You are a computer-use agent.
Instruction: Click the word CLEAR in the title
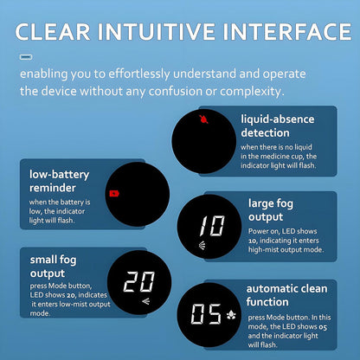pyautogui.click(x=53, y=31)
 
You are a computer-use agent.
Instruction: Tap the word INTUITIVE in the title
pyautogui.click(x=157, y=31)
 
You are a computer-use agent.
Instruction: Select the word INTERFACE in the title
pyautogui.click(x=287, y=31)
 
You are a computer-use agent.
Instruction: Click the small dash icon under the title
pyautogui.click(x=26, y=57)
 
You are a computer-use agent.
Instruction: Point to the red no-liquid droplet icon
pyautogui.click(x=203, y=119)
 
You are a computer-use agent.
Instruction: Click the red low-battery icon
pyautogui.click(x=114, y=193)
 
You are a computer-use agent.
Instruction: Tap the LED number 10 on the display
pyautogui.click(x=212, y=226)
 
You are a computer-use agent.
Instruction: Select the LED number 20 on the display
pyautogui.click(x=139, y=281)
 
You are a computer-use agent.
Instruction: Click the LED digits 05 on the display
pyautogui.click(x=206, y=314)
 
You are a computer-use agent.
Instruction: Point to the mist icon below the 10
pyautogui.click(x=202, y=245)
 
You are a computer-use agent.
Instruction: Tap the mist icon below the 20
pyautogui.click(x=146, y=302)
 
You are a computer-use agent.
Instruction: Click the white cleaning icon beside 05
pyautogui.click(x=231, y=315)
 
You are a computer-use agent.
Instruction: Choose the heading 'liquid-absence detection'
pyautogui.click(x=278, y=126)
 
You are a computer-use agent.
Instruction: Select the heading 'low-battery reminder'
pyautogui.click(x=59, y=181)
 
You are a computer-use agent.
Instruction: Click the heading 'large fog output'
pyautogui.click(x=271, y=210)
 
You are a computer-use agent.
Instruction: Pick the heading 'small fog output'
pyautogui.click(x=53, y=267)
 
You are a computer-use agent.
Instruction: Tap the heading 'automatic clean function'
pyautogui.click(x=286, y=295)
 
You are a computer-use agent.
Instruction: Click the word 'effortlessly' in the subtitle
pyautogui.click(x=139, y=74)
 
